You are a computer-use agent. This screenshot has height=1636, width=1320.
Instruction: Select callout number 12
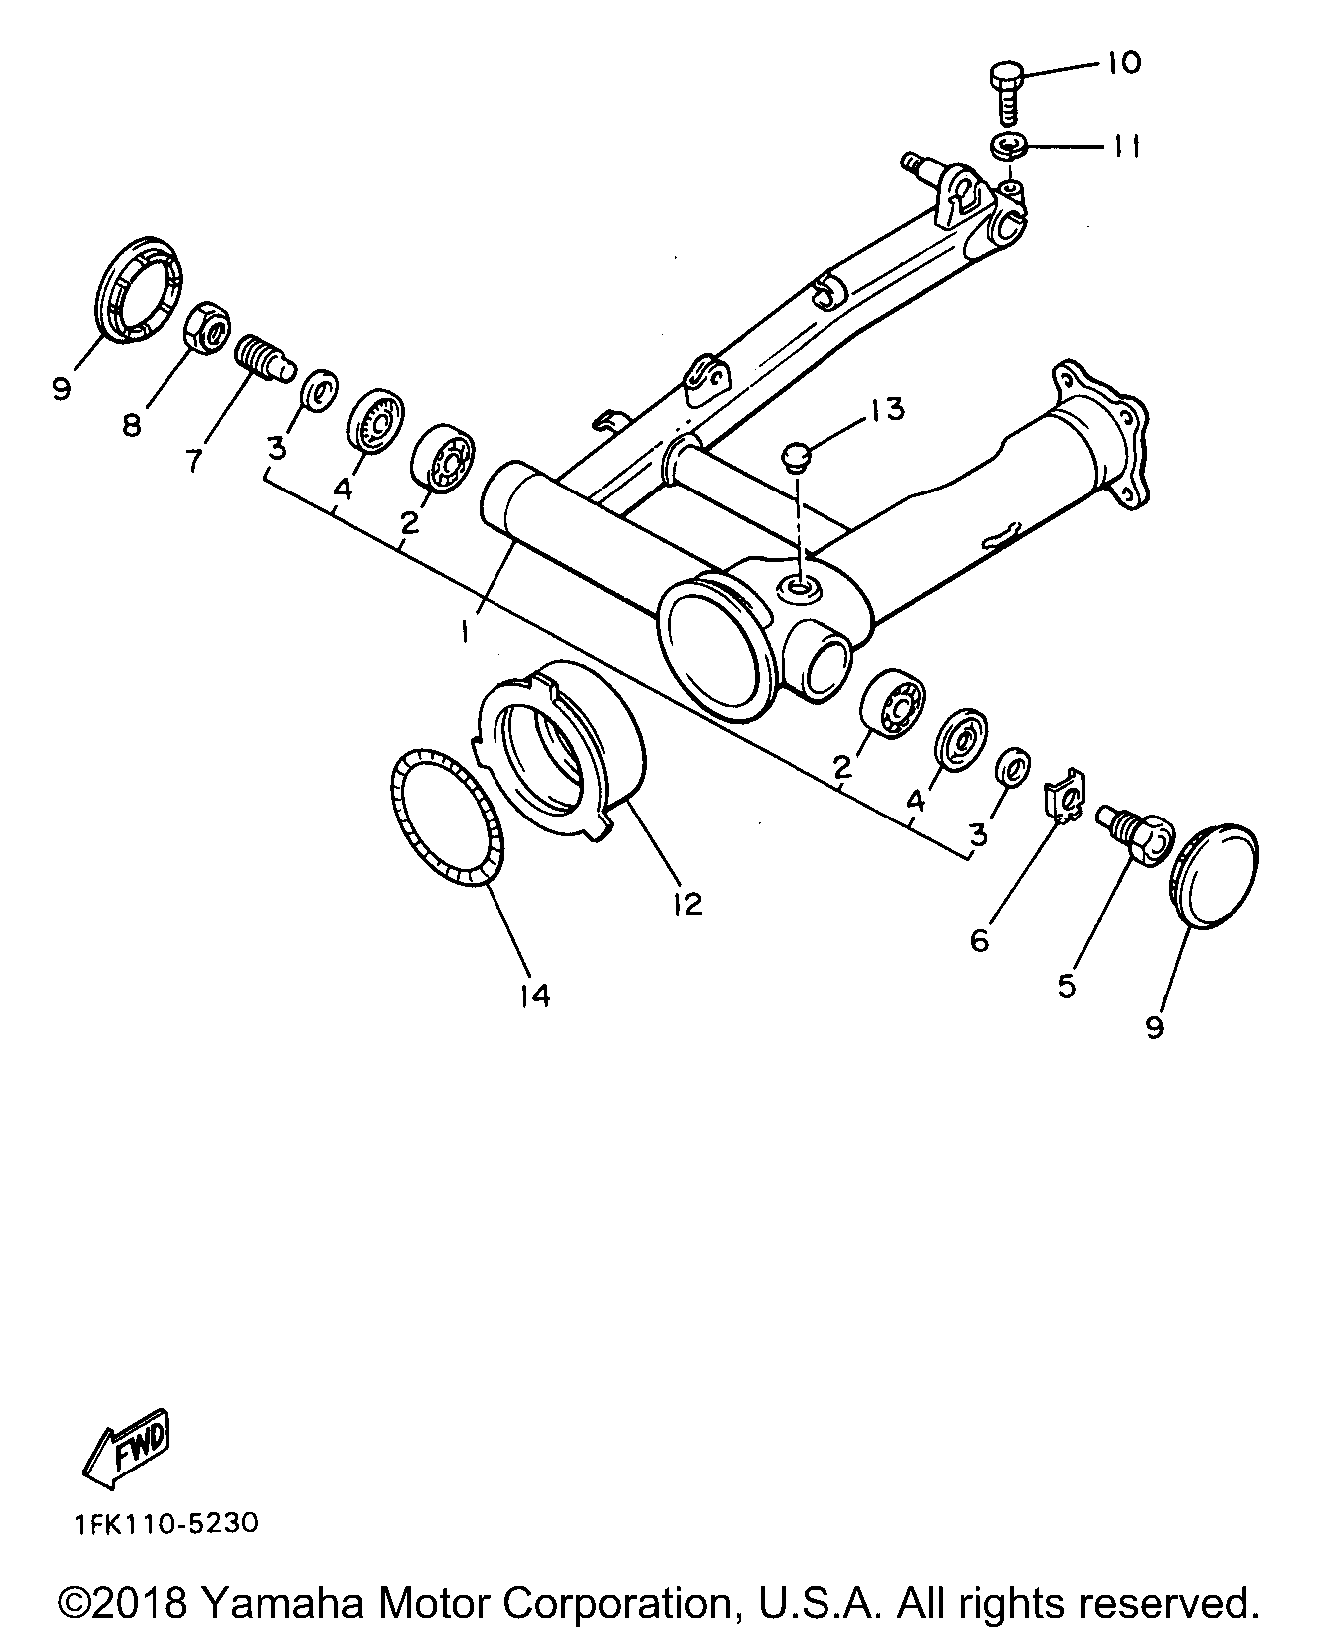click(687, 903)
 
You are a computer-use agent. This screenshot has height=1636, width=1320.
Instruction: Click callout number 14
click(534, 994)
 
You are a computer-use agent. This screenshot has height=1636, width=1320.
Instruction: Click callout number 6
click(979, 939)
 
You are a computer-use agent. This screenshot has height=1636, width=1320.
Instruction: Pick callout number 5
click(1067, 986)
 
